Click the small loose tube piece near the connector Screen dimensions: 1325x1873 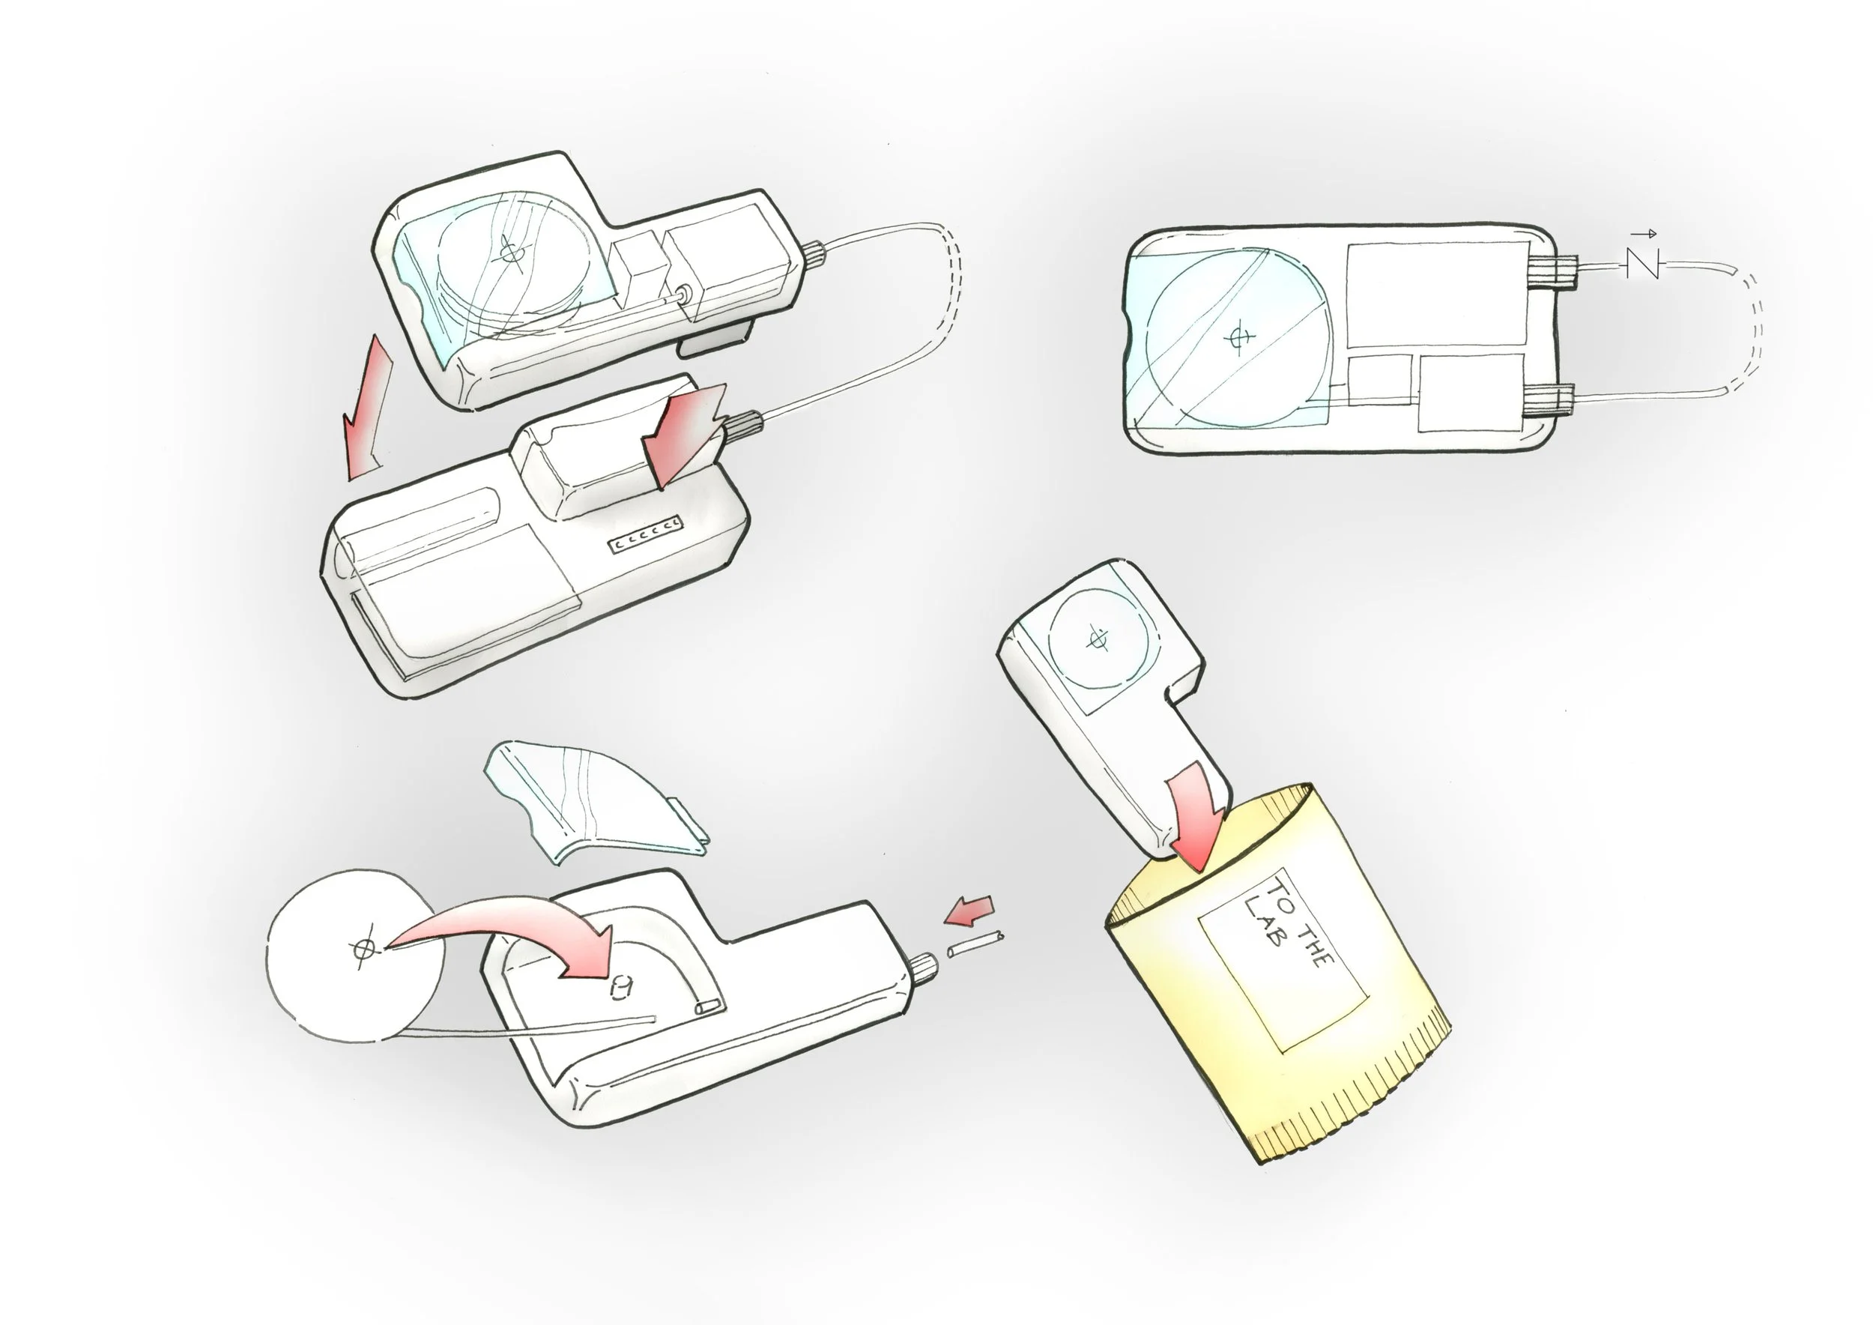pos(975,944)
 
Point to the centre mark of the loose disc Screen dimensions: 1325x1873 pos(361,948)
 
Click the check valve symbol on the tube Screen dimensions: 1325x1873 pos(1643,264)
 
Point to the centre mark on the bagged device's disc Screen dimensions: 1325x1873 pos(1098,641)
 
